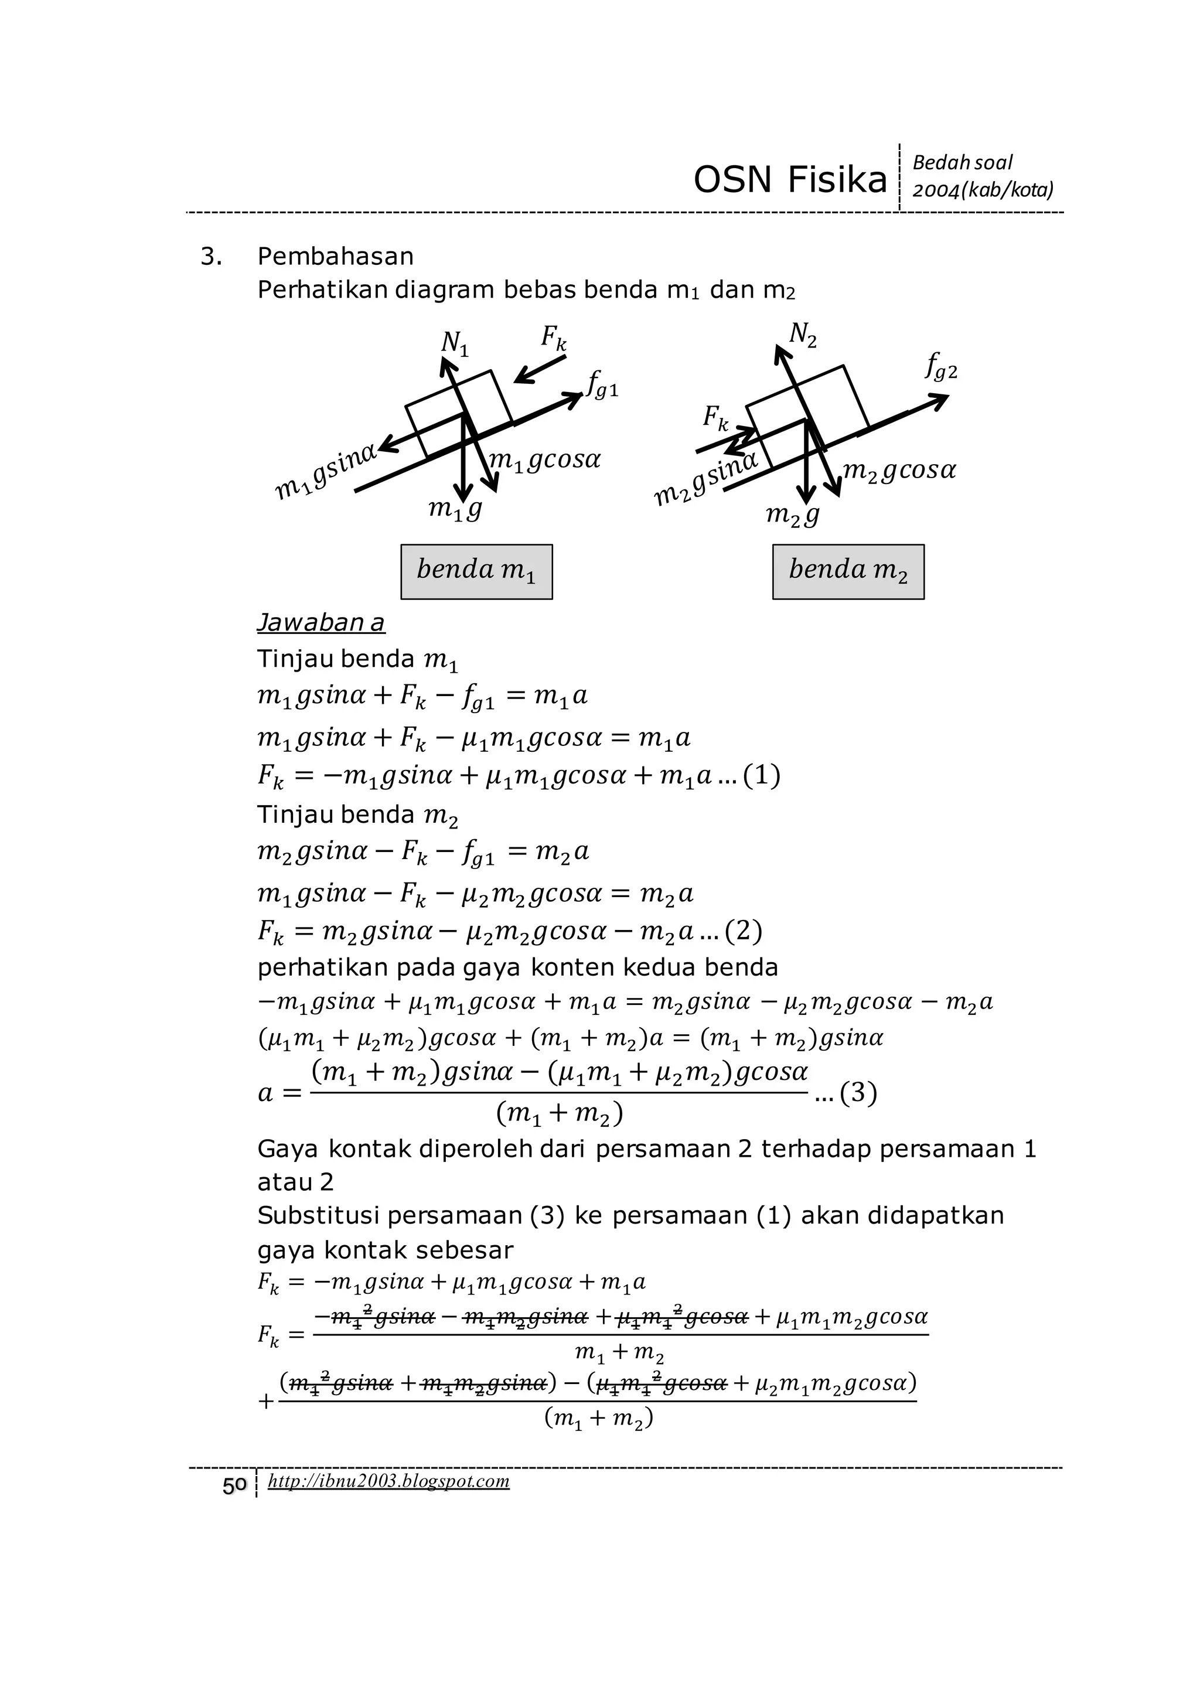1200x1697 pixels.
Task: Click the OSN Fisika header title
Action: click(789, 180)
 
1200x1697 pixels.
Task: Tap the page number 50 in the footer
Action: click(234, 1485)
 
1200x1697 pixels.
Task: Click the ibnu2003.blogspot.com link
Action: click(388, 1481)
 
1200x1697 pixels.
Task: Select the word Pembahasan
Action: click(336, 257)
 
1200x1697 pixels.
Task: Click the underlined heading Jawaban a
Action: click(321, 623)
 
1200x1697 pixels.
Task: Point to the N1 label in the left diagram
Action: click(455, 343)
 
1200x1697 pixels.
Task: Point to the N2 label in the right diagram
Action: click(803, 336)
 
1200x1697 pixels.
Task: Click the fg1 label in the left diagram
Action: click(602, 384)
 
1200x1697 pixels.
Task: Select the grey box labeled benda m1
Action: click(476, 571)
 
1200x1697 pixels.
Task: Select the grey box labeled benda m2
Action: click(848, 571)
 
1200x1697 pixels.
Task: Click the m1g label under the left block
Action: click(455, 509)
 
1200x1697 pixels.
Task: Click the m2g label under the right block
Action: click(792, 514)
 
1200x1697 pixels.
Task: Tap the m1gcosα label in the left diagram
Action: click(546, 460)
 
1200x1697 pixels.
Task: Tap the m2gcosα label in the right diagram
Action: click(899, 469)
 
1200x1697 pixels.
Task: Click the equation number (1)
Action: click(761, 775)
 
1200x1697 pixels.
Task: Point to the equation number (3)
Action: click(858, 1092)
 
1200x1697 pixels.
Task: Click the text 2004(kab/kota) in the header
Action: click(983, 190)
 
